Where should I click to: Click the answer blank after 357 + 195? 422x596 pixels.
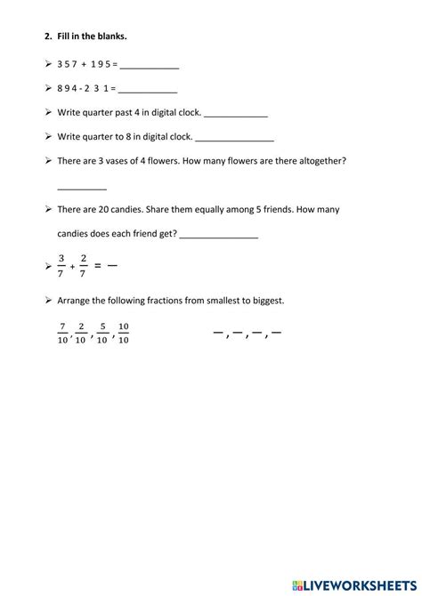[x=149, y=67]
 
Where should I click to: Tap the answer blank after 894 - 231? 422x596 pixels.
[x=147, y=90]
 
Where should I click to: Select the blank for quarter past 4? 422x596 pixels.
[x=236, y=114]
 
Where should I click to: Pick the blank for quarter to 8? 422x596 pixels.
[x=233, y=138]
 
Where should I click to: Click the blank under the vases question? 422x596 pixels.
[x=82, y=187]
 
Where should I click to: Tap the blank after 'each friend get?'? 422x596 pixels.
[x=218, y=235]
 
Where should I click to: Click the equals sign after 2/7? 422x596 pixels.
[x=100, y=265]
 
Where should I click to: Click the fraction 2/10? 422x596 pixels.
[x=81, y=333]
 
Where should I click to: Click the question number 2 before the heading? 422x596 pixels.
[x=45, y=36]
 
